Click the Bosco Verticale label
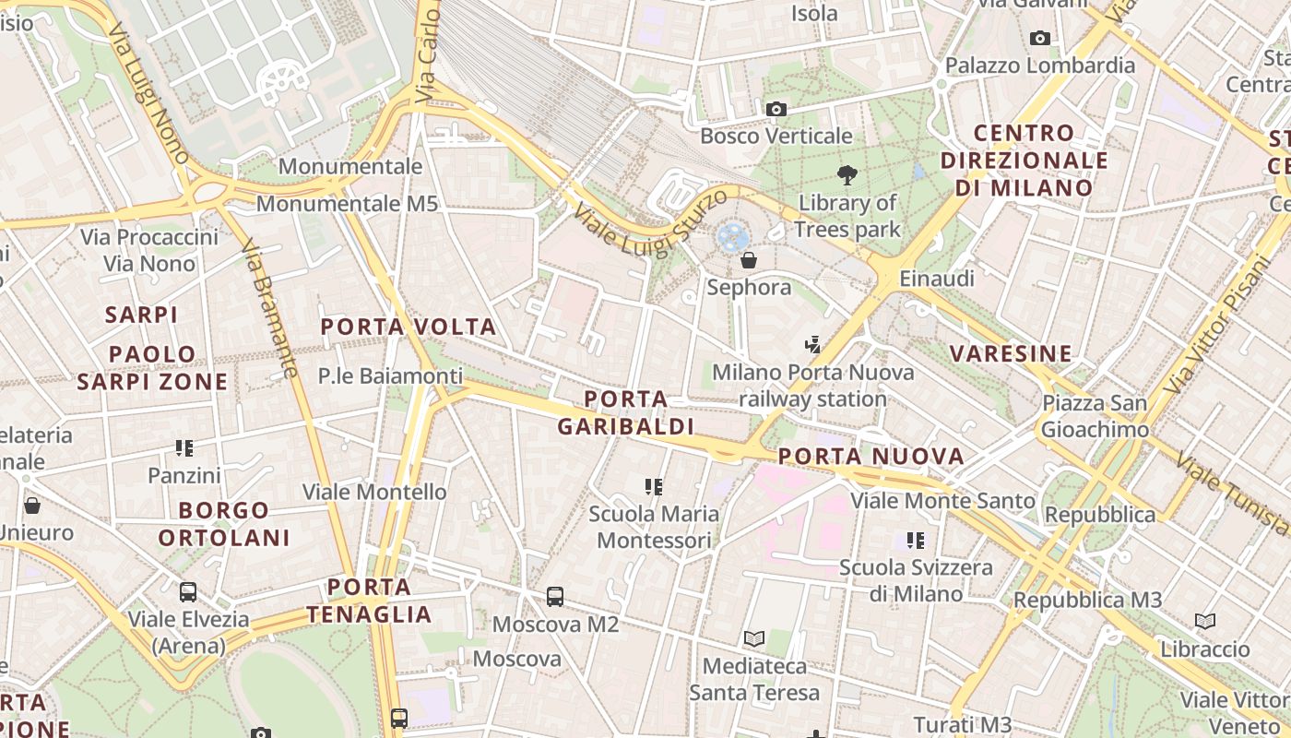pos(776,137)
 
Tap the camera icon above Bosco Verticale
pos(776,110)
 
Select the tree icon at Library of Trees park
pos(847,174)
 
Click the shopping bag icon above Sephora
pos(749,260)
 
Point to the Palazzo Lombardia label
pos(1040,65)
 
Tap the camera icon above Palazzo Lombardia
pos(1040,38)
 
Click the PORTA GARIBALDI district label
pos(626,412)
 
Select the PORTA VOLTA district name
pos(409,327)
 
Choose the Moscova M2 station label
pos(555,625)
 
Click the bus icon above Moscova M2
pos(555,597)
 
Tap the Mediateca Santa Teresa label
pos(754,679)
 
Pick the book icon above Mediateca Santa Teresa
pos(754,638)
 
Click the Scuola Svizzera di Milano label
pos(916,580)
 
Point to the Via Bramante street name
pos(269,309)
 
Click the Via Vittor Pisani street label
pos(1216,323)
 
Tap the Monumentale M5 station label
pos(347,204)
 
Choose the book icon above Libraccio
pos(1205,621)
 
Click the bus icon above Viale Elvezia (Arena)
pos(188,592)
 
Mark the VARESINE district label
pos(1011,353)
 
